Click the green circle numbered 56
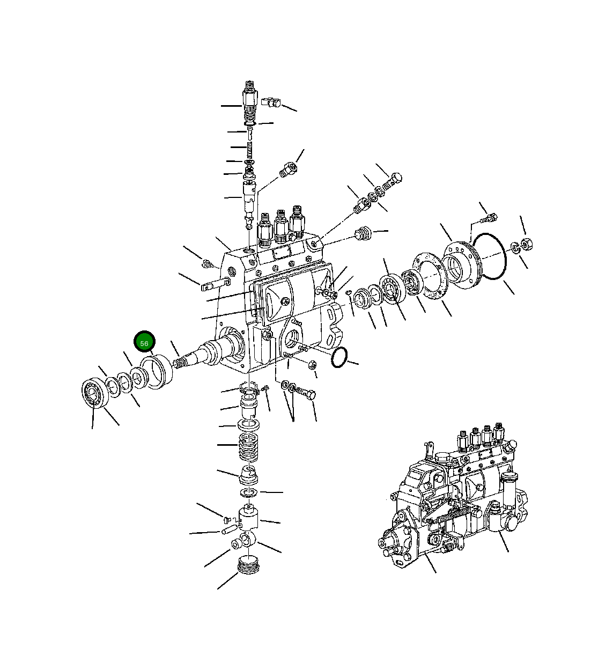point(144,342)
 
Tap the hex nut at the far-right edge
point(527,244)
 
